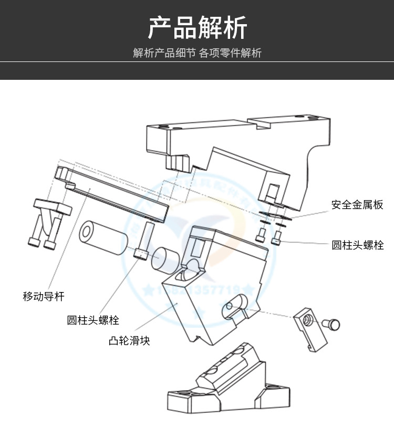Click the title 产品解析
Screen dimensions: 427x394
(197, 28)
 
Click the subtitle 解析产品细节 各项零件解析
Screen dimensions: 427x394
(197, 53)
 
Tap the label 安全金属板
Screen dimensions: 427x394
(357, 205)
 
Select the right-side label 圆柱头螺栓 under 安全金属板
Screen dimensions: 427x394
(357, 245)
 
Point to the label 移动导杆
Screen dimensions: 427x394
(44, 297)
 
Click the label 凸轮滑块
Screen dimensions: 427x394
(129, 341)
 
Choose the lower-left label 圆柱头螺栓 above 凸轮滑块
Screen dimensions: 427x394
(93, 320)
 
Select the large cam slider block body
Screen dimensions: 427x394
(210, 294)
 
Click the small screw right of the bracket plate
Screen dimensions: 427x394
(332, 325)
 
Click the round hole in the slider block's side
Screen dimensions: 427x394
(229, 307)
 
